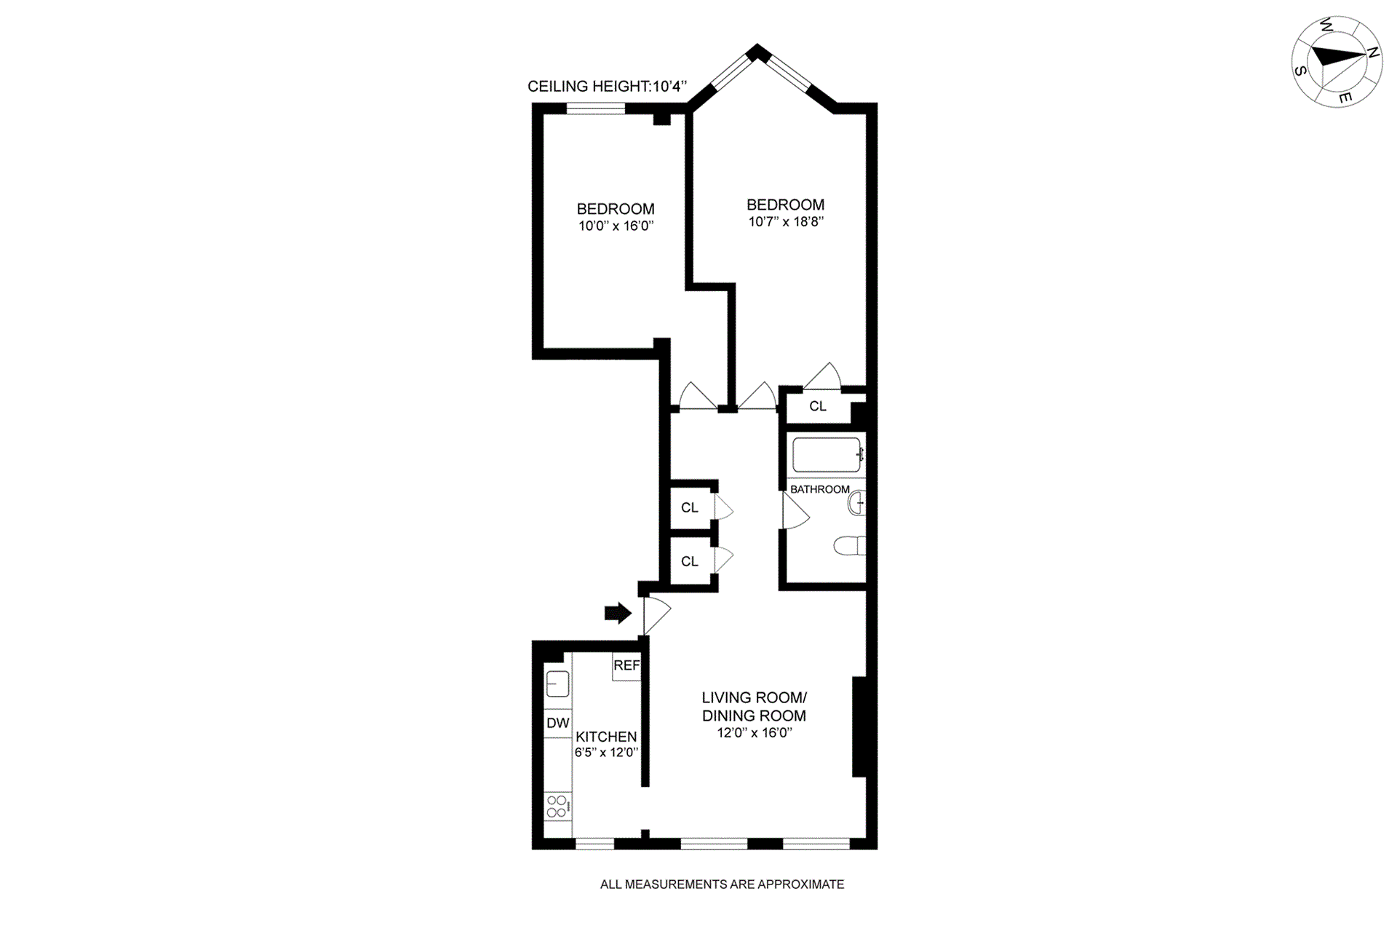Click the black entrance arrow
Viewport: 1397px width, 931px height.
tap(618, 614)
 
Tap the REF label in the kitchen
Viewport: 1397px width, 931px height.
tap(626, 665)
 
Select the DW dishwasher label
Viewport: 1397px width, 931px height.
tap(558, 723)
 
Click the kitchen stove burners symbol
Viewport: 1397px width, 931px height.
tap(557, 807)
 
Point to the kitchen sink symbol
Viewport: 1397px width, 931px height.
tap(557, 684)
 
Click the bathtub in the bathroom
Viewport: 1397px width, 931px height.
tap(827, 455)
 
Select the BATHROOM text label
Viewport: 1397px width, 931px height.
tap(820, 489)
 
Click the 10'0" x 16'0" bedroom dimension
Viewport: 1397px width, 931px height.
tap(616, 226)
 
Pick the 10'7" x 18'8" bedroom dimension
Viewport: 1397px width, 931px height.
tap(786, 222)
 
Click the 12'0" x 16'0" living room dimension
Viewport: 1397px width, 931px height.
tap(755, 733)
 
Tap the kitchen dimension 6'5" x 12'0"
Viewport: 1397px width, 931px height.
tap(606, 753)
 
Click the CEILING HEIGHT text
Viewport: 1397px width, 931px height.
tap(607, 87)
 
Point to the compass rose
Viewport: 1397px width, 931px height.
tap(1337, 63)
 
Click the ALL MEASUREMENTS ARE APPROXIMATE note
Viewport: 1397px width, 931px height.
tap(722, 884)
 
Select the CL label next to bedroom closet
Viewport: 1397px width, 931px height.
tap(818, 406)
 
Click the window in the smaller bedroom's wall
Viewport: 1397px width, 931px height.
tap(596, 109)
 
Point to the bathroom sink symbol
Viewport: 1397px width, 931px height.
tap(857, 503)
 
